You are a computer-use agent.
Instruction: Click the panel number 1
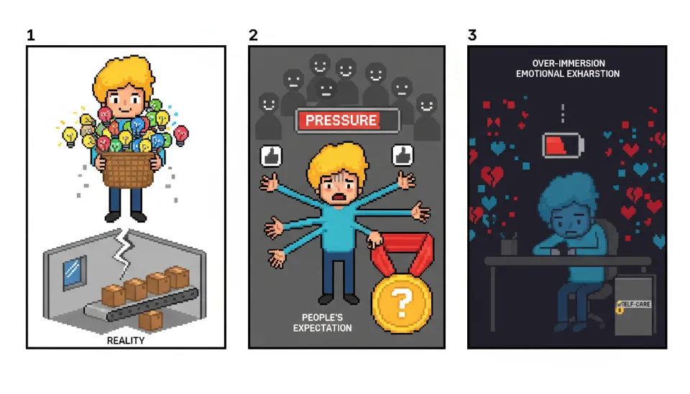(30, 34)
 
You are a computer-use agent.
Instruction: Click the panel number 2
(253, 34)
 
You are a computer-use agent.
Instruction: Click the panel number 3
(472, 34)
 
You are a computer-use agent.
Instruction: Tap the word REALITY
(125, 340)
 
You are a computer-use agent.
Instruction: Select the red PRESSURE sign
(348, 121)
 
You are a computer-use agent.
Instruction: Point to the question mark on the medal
(401, 301)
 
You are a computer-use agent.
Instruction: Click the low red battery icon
(563, 146)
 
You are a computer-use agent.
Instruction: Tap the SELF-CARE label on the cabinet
(635, 304)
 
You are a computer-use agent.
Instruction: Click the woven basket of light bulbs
(128, 169)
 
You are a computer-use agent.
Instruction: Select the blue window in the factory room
(74, 271)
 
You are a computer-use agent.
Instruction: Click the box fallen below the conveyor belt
(150, 320)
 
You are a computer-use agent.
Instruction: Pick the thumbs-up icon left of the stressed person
(271, 156)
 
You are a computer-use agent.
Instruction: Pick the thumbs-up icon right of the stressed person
(402, 155)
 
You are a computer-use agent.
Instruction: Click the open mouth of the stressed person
(338, 197)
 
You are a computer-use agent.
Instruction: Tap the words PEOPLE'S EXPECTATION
(322, 322)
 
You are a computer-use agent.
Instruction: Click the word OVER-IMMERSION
(569, 63)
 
